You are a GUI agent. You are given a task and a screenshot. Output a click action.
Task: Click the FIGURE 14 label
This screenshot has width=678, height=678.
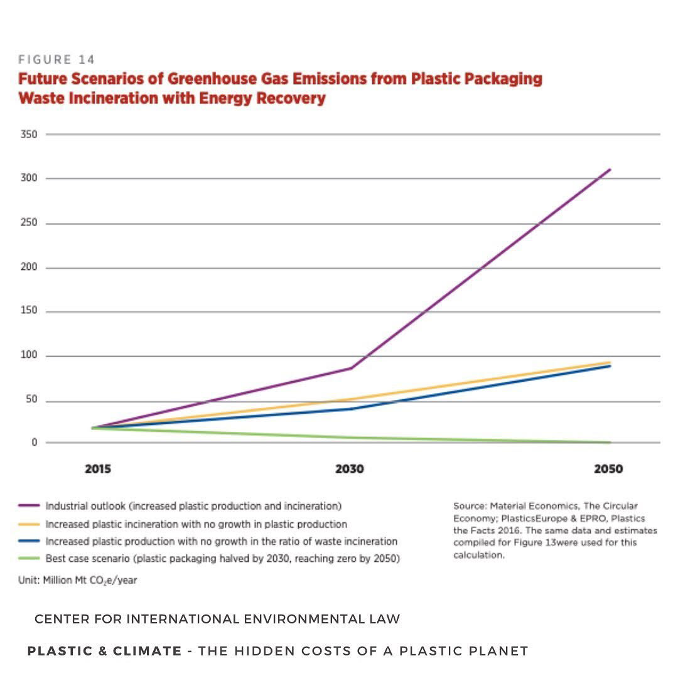coord(56,60)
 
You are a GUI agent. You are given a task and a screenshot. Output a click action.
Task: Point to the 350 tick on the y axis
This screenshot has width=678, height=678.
coord(30,134)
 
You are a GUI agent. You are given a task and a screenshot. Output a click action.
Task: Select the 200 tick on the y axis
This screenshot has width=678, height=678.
coord(30,267)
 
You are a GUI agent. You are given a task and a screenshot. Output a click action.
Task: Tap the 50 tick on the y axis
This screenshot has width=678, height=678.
coord(32,401)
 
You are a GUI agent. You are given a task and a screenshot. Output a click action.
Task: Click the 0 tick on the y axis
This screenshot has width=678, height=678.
coord(35,442)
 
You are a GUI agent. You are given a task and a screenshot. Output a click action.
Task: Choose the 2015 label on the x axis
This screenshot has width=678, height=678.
coord(98,469)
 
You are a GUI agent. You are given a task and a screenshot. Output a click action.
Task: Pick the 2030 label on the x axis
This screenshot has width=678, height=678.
coord(349,469)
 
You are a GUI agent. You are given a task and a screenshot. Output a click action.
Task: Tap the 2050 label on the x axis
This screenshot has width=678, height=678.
coord(608,469)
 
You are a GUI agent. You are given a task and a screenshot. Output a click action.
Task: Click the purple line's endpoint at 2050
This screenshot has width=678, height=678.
coord(610,169)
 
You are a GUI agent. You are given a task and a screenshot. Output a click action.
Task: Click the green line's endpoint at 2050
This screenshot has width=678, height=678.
coord(610,442)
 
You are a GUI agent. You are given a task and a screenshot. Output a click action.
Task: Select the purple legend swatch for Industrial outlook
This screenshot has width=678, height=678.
coord(30,505)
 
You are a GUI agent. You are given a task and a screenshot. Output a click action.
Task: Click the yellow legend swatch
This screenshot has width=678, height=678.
coord(30,524)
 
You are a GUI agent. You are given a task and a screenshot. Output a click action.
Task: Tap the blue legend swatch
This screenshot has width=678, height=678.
coord(30,541)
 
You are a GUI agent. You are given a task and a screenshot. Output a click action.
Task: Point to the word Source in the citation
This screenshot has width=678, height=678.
coord(470,505)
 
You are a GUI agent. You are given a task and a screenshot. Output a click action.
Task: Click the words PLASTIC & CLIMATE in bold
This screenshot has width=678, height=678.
coord(104,651)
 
